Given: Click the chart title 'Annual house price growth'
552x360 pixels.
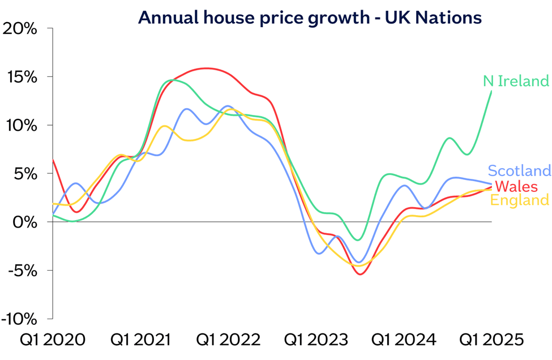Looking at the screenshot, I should coord(310,18).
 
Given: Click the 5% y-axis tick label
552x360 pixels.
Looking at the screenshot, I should coord(26,174).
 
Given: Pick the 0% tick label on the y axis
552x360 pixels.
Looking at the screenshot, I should coord(26,222).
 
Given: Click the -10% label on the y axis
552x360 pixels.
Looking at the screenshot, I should coord(20,319).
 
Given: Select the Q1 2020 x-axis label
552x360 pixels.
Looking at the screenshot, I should coord(53,340).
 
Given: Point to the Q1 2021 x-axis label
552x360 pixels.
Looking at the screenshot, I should coord(140,340).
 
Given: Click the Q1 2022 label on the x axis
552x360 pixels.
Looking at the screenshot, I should coord(229,340).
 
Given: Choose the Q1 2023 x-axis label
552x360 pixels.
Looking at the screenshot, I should coord(316,340).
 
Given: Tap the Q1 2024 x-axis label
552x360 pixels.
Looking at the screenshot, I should coord(404,340).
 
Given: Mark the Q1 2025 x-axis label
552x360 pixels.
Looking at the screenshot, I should coord(491,340).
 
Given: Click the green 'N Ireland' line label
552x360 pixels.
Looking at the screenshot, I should coord(516,81).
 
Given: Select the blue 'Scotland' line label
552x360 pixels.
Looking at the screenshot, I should coord(519,170).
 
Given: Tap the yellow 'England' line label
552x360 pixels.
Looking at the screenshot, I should coord(519,200).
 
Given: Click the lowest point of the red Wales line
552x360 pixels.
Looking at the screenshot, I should coord(360,275).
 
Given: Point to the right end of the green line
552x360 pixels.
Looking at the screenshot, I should coord(491,91).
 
